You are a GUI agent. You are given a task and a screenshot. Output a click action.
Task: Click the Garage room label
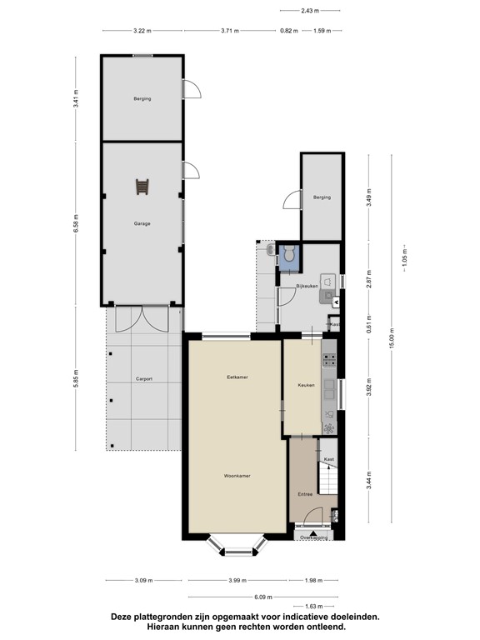coord(142,223)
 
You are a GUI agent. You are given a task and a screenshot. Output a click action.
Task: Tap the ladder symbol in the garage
coord(143,187)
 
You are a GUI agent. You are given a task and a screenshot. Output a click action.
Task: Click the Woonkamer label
coord(237,476)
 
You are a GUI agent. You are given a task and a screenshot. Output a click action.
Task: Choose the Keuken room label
coord(306,384)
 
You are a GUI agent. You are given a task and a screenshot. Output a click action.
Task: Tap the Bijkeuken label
coord(307,287)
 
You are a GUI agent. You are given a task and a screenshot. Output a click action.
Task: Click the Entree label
coord(305,494)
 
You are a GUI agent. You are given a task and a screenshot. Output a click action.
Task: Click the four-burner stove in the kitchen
coord(329,361)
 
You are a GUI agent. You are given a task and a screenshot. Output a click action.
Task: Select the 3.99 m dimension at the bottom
coord(237,580)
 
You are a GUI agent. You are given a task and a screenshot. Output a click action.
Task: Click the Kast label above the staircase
coord(328,459)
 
